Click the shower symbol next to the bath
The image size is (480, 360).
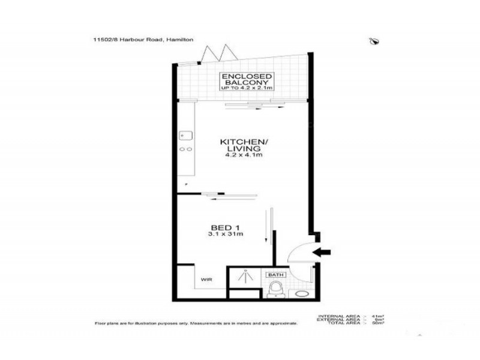246,277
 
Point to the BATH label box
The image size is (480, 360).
275,275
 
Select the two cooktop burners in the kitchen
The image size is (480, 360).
186,149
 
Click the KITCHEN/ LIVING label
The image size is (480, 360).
240,144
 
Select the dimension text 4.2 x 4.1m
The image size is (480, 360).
240,155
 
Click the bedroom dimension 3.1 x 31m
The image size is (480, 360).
222,235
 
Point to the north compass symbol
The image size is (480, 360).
376,41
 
